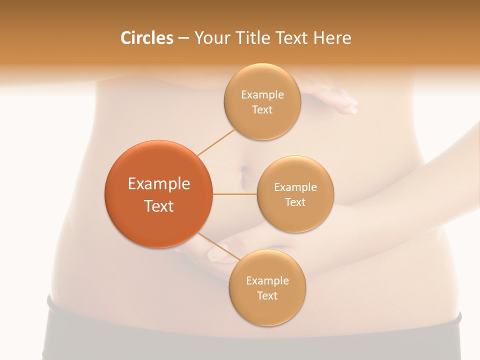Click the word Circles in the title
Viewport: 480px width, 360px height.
(147, 38)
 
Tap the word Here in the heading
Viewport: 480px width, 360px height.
(332, 38)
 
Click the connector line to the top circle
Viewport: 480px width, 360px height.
(216, 142)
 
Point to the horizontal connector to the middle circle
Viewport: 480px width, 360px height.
(234, 194)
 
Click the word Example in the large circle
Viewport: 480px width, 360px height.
(159, 184)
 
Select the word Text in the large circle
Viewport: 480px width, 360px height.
(159, 206)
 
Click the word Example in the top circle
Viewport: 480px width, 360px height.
(262, 95)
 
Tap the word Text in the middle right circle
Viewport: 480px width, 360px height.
(295, 202)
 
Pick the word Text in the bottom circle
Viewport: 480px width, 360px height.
(267, 295)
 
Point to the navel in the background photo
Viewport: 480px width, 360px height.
(244, 174)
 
